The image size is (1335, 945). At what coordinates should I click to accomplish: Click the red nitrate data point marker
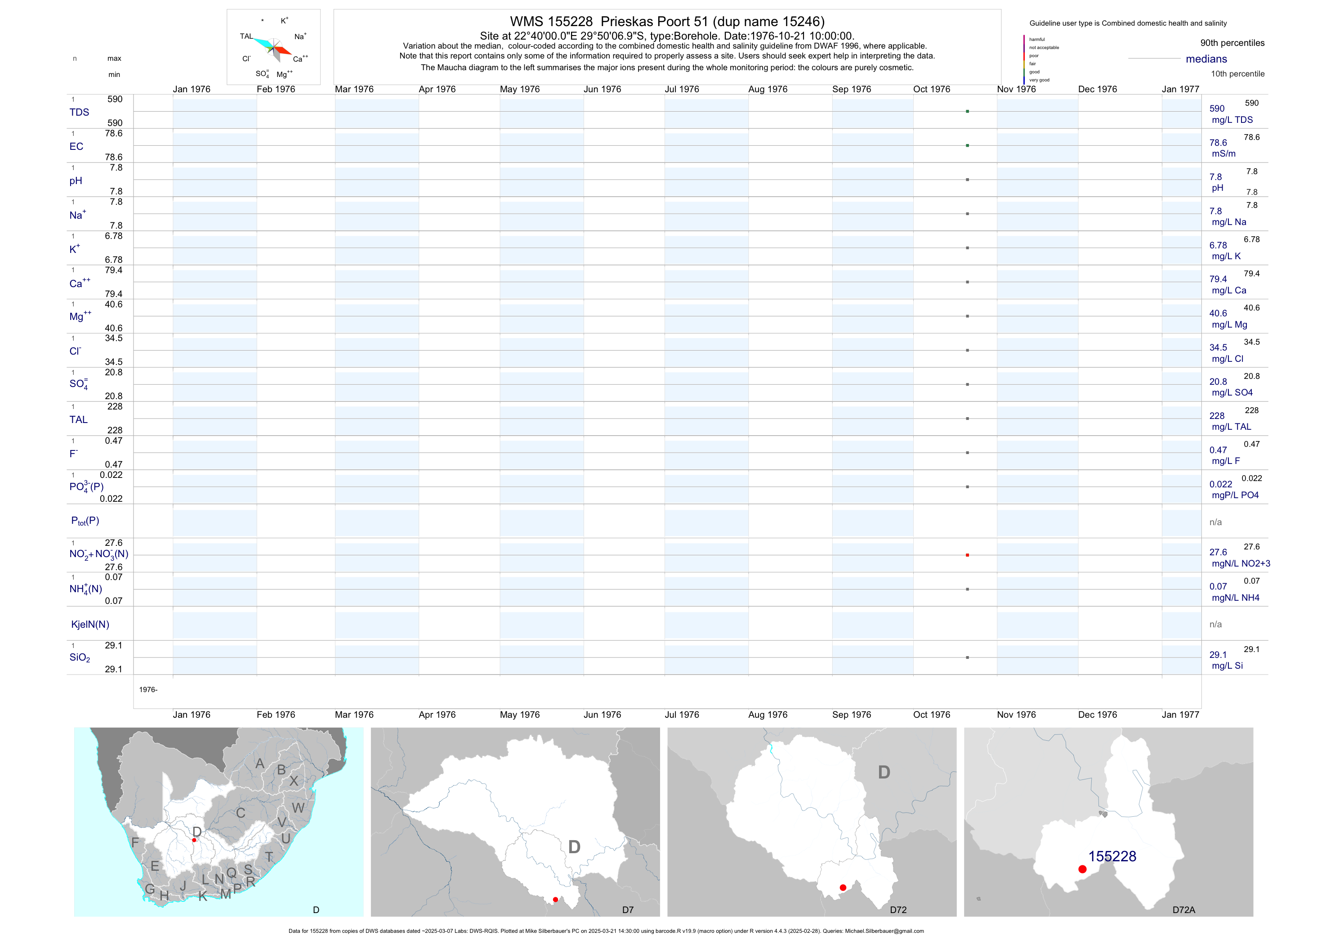coord(967,555)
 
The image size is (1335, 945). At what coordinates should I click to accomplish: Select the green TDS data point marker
coord(967,111)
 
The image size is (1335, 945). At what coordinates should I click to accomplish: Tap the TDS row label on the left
coord(79,112)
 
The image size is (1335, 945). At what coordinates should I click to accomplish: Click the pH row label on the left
coord(76,181)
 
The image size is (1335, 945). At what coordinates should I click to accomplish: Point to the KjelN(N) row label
coord(90,625)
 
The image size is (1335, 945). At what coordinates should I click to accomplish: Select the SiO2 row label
coord(80,657)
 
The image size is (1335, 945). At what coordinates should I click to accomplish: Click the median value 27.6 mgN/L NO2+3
coord(1218,552)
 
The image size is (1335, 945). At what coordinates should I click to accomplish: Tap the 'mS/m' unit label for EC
coord(1223,153)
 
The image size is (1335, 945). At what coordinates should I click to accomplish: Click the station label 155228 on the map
coord(1112,856)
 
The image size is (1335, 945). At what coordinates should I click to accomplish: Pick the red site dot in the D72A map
coord(1082,869)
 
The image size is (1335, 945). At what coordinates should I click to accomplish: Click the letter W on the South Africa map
coord(298,808)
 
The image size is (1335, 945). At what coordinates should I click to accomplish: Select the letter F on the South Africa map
coord(135,842)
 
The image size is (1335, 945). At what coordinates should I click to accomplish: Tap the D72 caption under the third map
coord(898,909)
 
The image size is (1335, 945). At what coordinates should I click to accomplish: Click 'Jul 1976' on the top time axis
coord(682,89)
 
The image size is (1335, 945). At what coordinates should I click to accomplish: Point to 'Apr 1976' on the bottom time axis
coord(437,715)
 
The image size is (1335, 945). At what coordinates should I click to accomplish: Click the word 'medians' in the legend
coord(1206,59)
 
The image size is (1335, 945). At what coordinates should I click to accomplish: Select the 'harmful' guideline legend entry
coord(1037,40)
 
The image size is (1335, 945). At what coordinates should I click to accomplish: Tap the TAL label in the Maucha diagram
coord(246,36)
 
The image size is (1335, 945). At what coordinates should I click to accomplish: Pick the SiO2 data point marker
coord(967,657)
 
